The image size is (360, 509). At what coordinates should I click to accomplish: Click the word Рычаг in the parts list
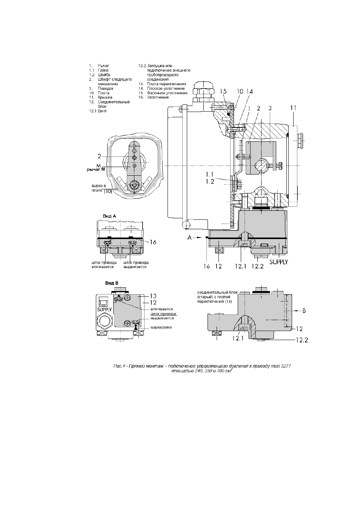[x=103, y=66]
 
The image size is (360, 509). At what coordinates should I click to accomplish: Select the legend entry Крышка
[x=105, y=98]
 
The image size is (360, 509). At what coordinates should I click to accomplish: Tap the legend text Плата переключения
[x=166, y=84]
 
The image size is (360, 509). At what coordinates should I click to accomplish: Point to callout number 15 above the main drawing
[x=223, y=91]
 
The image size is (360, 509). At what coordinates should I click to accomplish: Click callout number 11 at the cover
[x=293, y=108]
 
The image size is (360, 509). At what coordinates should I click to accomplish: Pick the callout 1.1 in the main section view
[x=210, y=174]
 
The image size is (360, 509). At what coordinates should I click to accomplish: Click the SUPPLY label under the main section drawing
[x=278, y=262]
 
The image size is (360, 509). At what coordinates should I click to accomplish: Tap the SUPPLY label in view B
[x=105, y=310]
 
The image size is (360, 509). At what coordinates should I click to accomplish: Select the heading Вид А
[x=109, y=216]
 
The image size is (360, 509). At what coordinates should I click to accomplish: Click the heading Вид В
[x=112, y=283]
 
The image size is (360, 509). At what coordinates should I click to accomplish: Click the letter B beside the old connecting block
[x=304, y=311]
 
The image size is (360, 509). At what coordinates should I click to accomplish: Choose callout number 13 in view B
[x=153, y=296]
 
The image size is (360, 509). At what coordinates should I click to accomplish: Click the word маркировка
[x=161, y=327]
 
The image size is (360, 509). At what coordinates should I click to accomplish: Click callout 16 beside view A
[x=153, y=242]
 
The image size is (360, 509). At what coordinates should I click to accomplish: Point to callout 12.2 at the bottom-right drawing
[x=302, y=340]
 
